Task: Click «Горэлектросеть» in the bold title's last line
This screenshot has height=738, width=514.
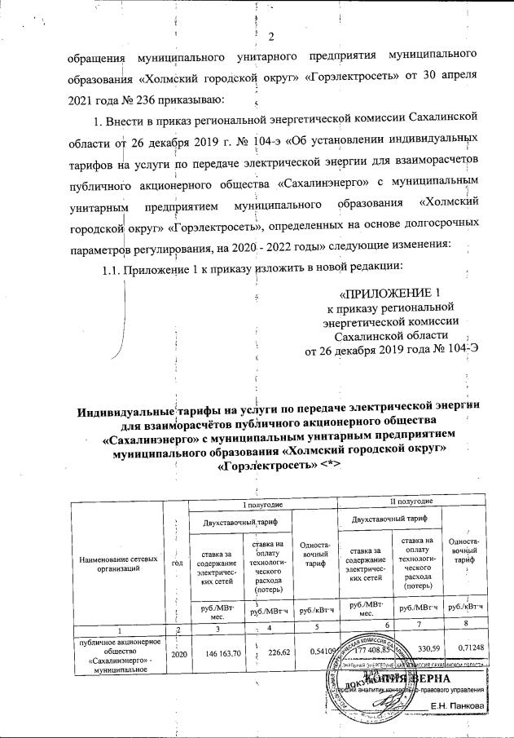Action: coord(266,463)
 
